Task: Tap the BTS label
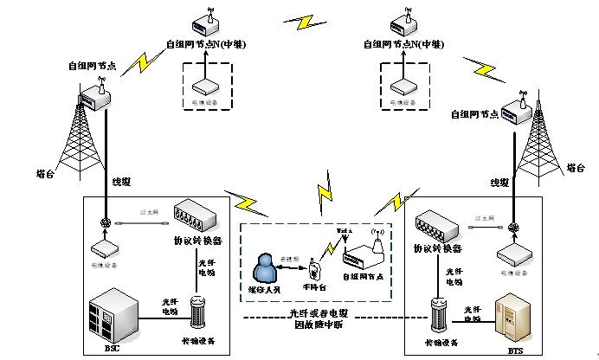point(515,350)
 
